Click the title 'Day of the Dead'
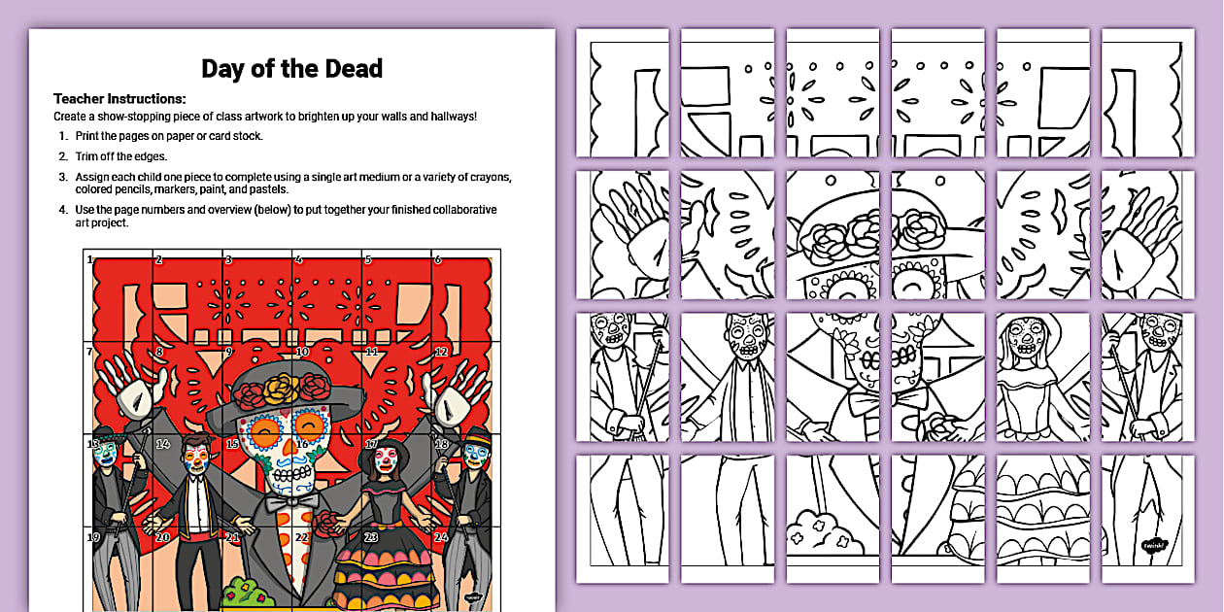click(x=291, y=69)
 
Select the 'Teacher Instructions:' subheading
click(x=119, y=98)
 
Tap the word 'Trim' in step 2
click(x=88, y=156)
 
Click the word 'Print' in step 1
click(x=89, y=136)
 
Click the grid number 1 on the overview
click(x=90, y=259)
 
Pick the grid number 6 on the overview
click(x=438, y=259)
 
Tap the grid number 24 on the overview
click(x=441, y=537)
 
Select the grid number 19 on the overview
click(x=94, y=537)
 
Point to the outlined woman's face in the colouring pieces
click(x=1027, y=340)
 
